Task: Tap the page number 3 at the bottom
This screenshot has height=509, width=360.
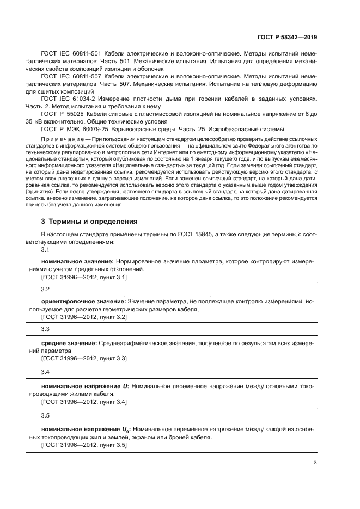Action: click(x=315, y=463)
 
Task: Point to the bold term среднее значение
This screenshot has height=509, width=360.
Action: click(x=69, y=342)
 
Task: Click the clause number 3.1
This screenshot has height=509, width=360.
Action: click(x=45, y=249)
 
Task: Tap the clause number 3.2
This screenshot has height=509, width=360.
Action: click(x=45, y=289)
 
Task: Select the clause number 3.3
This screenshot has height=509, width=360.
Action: click(x=45, y=329)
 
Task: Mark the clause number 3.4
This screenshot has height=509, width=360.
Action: click(x=45, y=371)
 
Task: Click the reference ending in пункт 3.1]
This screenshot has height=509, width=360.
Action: click(x=84, y=277)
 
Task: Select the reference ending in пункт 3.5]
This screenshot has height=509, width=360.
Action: click(x=84, y=445)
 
